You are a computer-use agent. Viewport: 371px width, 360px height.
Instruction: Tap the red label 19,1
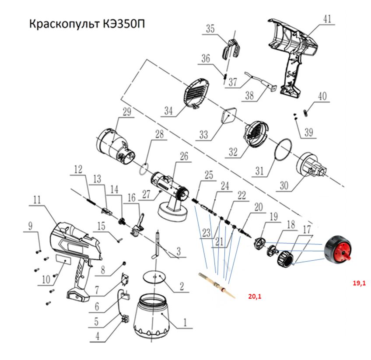(359, 283)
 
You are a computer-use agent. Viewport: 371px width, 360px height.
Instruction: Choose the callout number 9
(30, 226)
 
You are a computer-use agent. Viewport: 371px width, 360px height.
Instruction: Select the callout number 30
(284, 185)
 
